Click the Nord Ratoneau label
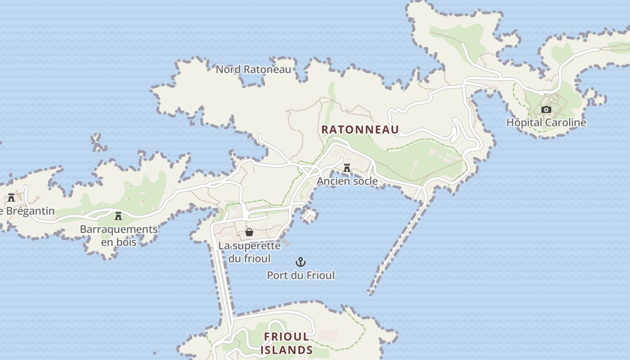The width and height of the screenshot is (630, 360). coord(253,69)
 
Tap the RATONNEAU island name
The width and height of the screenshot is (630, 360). coord(360,130)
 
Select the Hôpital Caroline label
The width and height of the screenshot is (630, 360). coord(546,122)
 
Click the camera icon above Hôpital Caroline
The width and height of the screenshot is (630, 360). coord(546,109)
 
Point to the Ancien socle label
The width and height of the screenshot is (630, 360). coord(347,181)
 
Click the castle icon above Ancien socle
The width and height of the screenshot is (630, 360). coord(347,168)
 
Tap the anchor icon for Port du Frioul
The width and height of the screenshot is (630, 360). coord(300,262)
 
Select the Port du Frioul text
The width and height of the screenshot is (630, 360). coord(301,275)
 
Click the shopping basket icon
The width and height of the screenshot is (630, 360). coord(249,232)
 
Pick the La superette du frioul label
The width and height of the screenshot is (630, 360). coord(249,252)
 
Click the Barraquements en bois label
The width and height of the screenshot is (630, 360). coord(119,235)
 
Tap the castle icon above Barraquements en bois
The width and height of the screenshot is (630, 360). coord(118,216)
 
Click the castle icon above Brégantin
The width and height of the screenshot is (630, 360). coord(11,197)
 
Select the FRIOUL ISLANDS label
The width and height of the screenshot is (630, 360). coord(287,343)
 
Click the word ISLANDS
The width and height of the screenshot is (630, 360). coord(287,350)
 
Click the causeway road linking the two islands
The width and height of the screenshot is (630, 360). coord(224,279)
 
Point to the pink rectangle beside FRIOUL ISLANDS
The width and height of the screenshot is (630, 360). coord(327,335)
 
